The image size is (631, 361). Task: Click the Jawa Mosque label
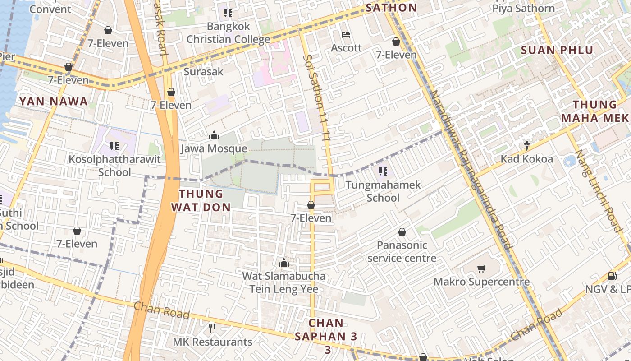point(214,148)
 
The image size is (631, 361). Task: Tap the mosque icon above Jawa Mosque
point(214,135)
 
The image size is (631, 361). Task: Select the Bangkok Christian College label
point(228,33)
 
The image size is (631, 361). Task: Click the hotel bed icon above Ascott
point(346,35)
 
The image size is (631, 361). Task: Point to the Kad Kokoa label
point(526,159)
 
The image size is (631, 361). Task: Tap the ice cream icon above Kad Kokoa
point(526,145)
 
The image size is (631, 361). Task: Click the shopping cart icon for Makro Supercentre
point(481,269)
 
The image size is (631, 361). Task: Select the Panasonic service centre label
point(402,252)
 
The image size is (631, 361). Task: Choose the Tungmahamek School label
point(383,191)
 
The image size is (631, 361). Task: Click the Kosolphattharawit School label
point(114,166)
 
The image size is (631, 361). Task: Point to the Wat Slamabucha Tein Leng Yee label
point(283,282)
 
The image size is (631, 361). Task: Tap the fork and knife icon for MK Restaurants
point(212,328)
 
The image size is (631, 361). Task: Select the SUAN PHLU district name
point(557,50)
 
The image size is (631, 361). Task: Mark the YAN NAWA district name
point(54,102)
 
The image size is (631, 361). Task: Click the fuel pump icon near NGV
point(612,276)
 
